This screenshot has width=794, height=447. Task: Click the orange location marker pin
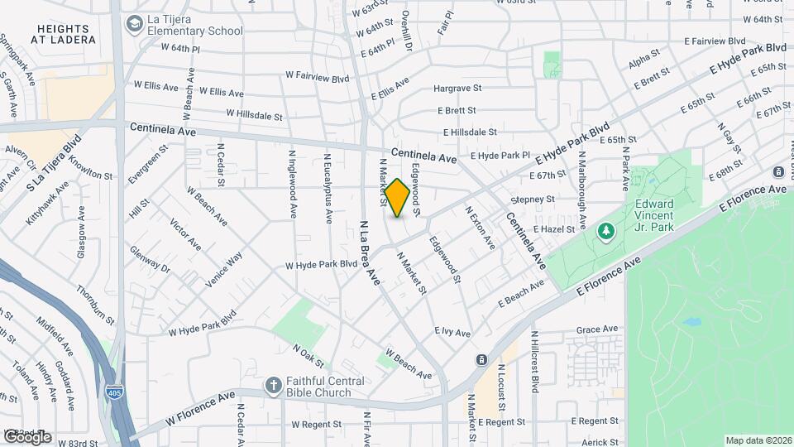(x=397, y=198)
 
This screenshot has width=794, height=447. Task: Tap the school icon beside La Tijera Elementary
(x=133, y=24)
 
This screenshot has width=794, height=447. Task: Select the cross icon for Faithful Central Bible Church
(x=273, y=386)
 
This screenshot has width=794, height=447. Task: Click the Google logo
(x=26, y=436)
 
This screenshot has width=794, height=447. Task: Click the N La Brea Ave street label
(x=369, y=253)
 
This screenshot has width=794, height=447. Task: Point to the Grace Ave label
(x=598, y=329)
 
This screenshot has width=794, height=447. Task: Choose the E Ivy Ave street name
(x=452, y=332)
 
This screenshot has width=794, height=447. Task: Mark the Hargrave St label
(x=457, y=88)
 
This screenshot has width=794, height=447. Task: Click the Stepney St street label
(x=532, y=199)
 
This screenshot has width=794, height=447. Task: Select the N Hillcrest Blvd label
(x=534, y=361)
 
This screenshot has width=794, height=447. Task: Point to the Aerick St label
(x=600, y=443)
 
